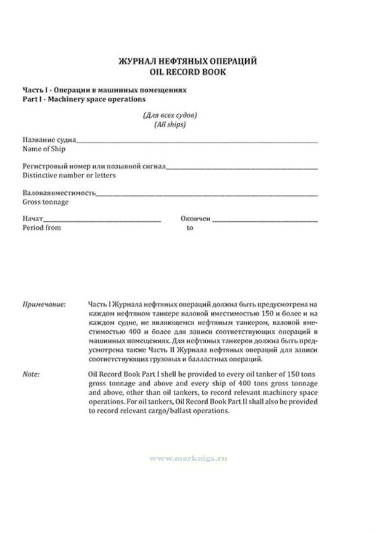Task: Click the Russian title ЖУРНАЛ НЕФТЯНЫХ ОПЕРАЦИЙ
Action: click(x=188, y=61)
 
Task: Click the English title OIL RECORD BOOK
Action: click(x=188, y=72)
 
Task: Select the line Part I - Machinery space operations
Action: click(x=84, y=99)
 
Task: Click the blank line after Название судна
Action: click(x=197, y=141)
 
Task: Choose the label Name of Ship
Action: click(x=44, y=149)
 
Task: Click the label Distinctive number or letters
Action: click(x=69, y=175)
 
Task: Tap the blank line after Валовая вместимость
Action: click(x=207, y=194)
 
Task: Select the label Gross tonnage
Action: click(x=46, y=202)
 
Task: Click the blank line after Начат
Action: click(x=102, y=221)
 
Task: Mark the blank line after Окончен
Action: click(x=264, y=221)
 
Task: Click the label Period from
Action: click(x=42, y=228)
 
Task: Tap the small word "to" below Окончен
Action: click(x=190, y=228)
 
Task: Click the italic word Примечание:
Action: click(x=44, y=304)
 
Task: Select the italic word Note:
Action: click(x=31, y=374)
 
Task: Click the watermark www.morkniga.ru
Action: click(x=188, y=459)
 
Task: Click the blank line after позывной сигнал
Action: click(x=241, y=168)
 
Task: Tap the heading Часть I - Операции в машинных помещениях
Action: click(x=104, y=90)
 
